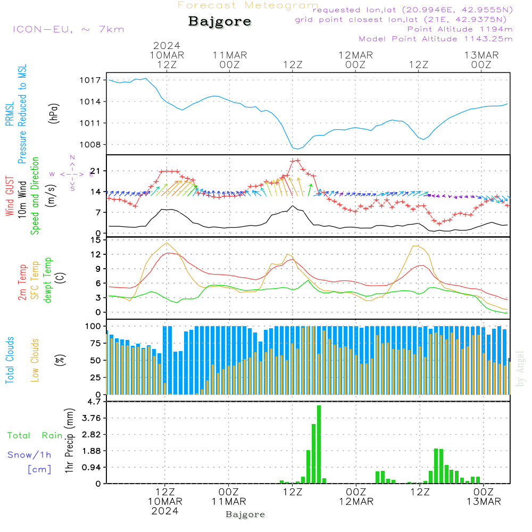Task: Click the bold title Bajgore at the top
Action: click(220, 22)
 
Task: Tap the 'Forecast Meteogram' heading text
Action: click(248, 5)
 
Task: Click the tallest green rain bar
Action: click(319, 444)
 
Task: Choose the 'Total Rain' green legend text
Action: click(35, 436)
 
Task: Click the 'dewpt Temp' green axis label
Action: click(48, 280)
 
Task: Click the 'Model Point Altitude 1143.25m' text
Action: click(436, 39)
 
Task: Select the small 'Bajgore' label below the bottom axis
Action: click(245, 514)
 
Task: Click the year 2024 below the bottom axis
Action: click(165, 511)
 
